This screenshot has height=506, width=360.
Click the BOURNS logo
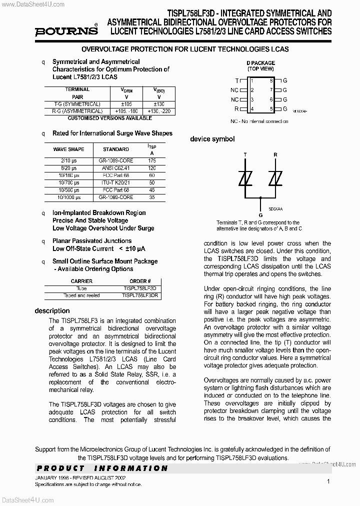tap(66, 31)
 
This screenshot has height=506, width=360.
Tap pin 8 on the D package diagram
tap(271, 80)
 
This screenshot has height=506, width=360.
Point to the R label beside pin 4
tap(236, 108)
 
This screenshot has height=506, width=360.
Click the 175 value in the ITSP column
tap(152, 160)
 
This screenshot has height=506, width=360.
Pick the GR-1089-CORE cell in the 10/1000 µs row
tap(116, 197)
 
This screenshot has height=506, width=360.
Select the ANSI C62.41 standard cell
tap(116, 168)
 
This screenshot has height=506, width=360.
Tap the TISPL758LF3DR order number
tap(140, 295)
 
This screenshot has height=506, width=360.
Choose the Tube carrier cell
tap(81, 288)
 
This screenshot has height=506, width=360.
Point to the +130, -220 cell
tap(159, 111)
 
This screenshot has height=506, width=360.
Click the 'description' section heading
tap(52, 311)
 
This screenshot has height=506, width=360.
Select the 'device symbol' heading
tap(212, 139)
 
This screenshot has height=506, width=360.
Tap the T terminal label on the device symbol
tap(245, 155)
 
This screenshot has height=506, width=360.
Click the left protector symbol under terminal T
tap(245, 178)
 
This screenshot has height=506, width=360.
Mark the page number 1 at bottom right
tap(328, 481)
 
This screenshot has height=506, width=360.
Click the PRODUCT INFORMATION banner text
tap(101, 468)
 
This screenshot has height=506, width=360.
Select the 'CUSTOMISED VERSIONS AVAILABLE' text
tap(109, 118)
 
